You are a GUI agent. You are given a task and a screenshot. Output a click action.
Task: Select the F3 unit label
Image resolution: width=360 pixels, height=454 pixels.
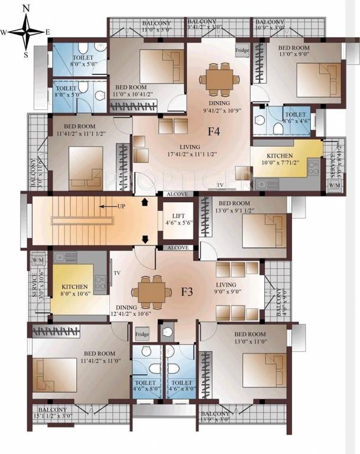pos(186,291)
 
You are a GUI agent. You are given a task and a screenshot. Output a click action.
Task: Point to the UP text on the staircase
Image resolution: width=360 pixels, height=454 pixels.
pos(119,206)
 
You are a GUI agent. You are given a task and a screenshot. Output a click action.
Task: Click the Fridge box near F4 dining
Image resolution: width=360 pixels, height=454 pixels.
pos(242,51)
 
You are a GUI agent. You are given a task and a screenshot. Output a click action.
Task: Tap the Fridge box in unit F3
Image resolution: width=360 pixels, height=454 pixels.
pos(141,335)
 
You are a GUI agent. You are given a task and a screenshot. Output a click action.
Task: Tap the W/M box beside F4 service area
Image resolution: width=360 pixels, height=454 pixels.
pos(335,186)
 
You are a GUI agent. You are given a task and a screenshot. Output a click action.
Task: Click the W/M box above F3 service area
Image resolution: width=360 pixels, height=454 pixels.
pos(40,261)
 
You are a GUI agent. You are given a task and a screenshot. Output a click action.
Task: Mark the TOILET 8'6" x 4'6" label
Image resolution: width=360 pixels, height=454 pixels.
pos(295,118)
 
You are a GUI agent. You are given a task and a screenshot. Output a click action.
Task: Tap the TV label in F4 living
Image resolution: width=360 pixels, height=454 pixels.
pos(220,185)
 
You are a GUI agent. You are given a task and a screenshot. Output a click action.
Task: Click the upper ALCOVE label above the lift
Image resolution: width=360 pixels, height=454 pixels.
pos(177,194)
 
